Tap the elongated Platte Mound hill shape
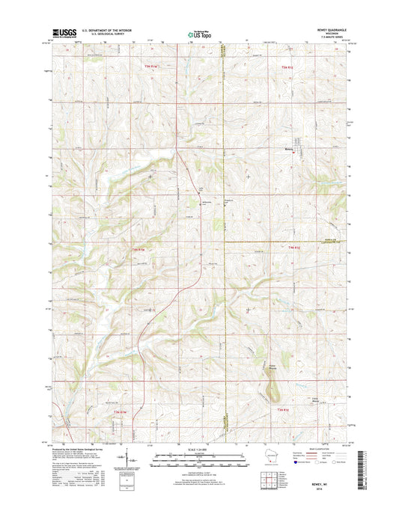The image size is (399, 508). [x=275, y=385]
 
